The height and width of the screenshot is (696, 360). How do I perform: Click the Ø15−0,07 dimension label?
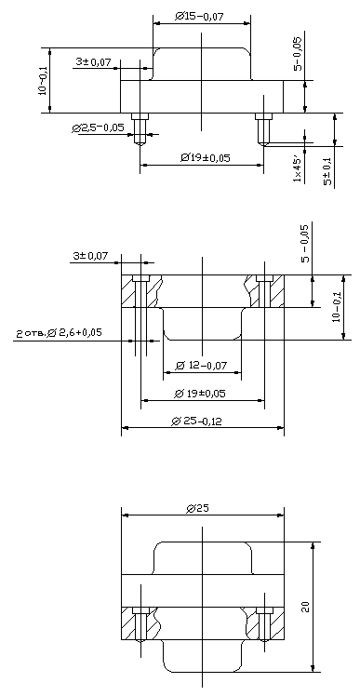pos(199,17)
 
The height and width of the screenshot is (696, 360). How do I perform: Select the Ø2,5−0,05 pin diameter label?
pos(98,128)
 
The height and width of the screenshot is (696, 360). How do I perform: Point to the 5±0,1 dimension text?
pos(328,174)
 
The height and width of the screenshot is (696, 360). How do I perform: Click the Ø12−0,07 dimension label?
pos(201,366)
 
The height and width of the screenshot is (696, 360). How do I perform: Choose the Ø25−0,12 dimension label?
pos(196,421)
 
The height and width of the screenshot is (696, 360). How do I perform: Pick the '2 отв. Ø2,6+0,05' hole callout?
pos(59,333)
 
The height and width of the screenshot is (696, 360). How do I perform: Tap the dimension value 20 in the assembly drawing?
pos(305,608)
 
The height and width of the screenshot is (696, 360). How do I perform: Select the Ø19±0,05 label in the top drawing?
pos(205,157)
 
